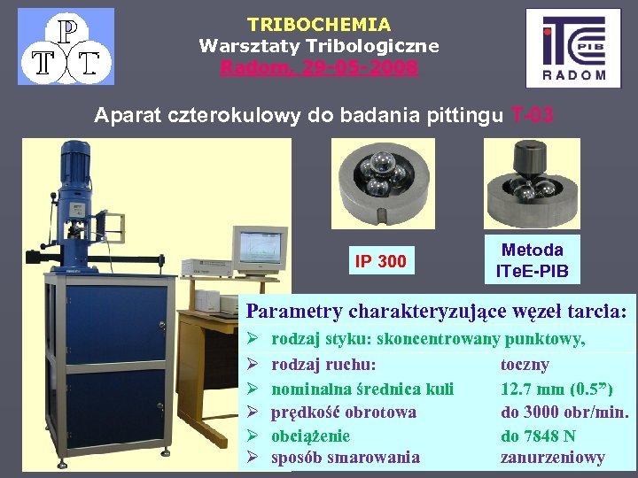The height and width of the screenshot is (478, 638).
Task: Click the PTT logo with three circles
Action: [x=66, y=46]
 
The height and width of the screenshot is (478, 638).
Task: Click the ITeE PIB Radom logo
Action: [x=573, y=48]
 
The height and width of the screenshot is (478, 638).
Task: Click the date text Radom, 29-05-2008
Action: [x=319, y=67]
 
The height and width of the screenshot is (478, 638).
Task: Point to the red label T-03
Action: [x=533, y=114]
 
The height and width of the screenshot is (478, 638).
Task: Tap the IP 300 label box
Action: [x=380, y=261]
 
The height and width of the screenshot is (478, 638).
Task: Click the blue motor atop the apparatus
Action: [x=73, y=163]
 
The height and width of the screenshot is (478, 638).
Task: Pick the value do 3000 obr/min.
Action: [x=564, y=412]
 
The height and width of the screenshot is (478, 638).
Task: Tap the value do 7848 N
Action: [x=538, y=436]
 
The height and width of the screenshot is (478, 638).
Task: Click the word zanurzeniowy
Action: [x=552, y=458]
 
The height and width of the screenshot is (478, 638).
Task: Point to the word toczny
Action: [x=525, y=365]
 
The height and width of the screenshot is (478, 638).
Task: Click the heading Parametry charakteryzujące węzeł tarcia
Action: [x=436, y=312]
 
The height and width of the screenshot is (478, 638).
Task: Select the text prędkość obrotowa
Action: [x=344, y=412]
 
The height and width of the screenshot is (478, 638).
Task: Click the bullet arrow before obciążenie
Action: [x=253, y=436]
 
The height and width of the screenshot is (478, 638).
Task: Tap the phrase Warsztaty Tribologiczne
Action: [x=319, y=46]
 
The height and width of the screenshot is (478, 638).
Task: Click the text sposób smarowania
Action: [x=346, y=458]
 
